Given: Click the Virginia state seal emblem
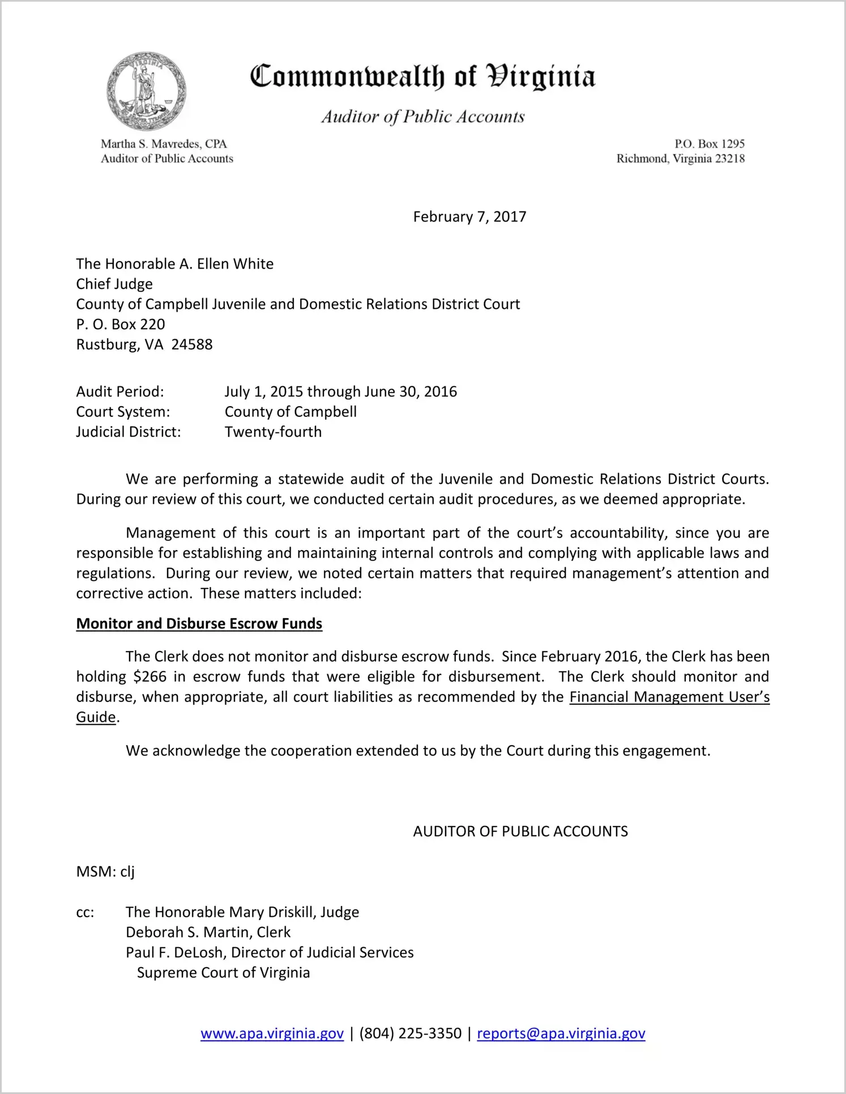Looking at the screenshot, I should pos(146,91).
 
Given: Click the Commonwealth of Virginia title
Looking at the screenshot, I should pos(422,76).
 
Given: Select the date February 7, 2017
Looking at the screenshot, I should pos(469,217).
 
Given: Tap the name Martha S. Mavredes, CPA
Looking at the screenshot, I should pos(164,144).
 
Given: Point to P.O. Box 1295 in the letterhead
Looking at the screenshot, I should pos(709,144).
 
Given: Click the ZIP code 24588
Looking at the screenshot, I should pos(192,344).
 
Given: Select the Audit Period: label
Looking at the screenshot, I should pos(120,391).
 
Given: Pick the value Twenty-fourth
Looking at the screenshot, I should pos(273,432).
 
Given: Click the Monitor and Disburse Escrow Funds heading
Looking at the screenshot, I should pos(199,624).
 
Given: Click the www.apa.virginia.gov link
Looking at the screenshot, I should pos(272,1033).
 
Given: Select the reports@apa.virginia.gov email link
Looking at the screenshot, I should pos(561,1033).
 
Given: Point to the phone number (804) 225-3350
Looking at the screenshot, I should pos(410,1033).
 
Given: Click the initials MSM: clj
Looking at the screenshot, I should pos(105,871).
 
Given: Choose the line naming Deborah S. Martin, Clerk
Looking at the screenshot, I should pos(208,932).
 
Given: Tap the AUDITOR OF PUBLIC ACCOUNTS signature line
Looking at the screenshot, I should pos(520,831).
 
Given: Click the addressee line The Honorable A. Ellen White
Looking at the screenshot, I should pos(175,264).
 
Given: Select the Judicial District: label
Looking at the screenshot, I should pos(129,432).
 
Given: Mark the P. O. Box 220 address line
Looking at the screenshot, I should pos(121,325).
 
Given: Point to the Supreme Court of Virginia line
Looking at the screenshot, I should pos(223,973).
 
